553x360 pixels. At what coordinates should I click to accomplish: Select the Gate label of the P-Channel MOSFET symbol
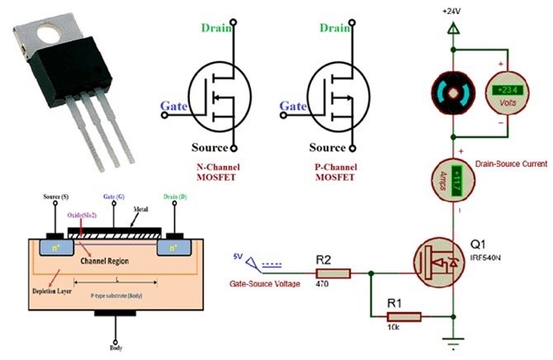click(293, 107)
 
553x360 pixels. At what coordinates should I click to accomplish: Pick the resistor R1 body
click(404, 315)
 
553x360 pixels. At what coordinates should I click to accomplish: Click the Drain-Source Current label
click(511, 164)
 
